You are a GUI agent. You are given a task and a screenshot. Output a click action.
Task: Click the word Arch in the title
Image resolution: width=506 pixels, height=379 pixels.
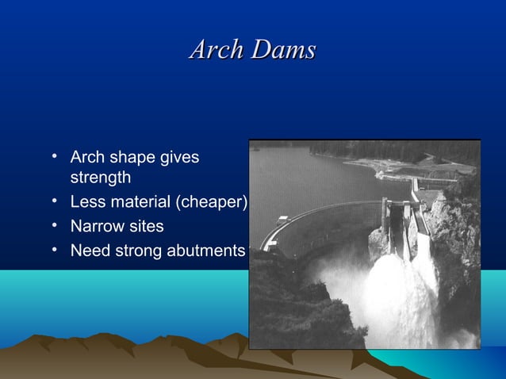pos(217,50)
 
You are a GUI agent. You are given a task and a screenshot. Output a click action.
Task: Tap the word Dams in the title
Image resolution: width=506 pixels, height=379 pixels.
pos(282,50)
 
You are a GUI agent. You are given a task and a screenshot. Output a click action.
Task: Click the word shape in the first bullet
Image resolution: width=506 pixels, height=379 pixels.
pos(131,158)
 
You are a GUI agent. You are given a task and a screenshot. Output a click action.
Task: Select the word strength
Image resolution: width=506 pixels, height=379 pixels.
pos(101,178)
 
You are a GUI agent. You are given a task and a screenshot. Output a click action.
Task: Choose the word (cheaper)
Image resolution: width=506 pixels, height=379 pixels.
pos(215,202)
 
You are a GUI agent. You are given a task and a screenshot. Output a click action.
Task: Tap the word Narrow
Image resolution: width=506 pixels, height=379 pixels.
pos(96,227)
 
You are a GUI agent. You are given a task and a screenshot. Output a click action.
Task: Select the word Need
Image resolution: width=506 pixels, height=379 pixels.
pos(89,251)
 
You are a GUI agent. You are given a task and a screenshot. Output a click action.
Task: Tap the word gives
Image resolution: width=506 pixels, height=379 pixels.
pos(180,158)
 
